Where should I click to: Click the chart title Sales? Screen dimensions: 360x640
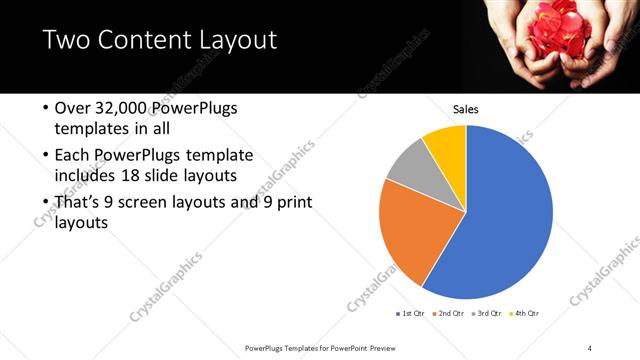[x=466, y=109]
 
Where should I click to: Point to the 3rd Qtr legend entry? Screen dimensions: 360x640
[x=488, y=314]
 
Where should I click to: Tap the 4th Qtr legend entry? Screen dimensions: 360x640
[x=526, y=314]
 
